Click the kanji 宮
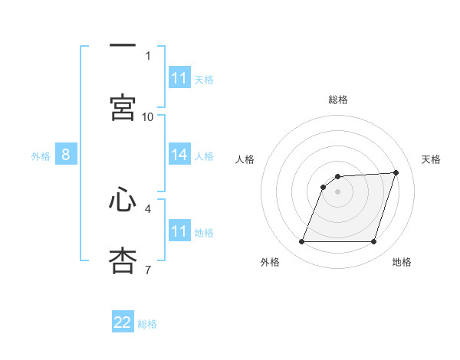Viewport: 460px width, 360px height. click(123, 107)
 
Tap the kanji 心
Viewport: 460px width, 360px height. click(123, 199)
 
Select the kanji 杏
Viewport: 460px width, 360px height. click(123, 260)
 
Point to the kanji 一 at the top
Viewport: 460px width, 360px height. click(123, 45)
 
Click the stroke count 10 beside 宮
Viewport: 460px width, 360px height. click(147, 117)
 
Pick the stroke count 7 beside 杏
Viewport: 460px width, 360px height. click(148, 270)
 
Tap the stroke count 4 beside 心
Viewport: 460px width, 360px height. click(148, 209)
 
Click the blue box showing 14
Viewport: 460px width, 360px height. click(179, 154)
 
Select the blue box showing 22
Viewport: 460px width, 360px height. click(123, 321)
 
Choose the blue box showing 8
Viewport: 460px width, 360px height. click(66, 154)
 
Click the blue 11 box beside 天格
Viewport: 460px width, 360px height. click(179, 77)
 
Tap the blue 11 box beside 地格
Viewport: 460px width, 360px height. click(179, 230)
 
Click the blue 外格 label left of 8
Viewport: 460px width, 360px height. click(41, 156)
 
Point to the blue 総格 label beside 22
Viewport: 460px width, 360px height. click(147, 324)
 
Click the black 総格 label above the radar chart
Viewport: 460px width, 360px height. click(338, 100)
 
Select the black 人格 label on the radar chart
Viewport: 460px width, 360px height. click(245, 159)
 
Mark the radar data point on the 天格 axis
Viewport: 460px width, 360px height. click(396, 172)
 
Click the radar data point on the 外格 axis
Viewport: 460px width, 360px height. click(302, 241)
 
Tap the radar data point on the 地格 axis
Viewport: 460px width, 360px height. click(374, 241)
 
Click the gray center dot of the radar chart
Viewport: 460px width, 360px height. click(337, 191)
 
